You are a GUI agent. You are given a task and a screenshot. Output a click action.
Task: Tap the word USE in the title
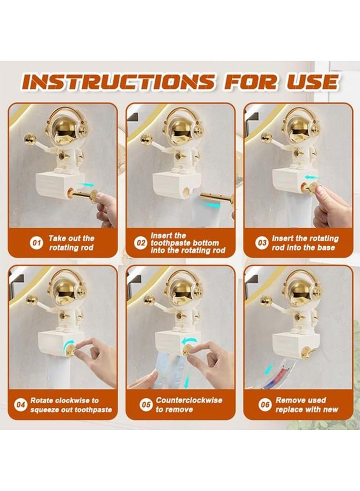pyautogui.click(x=311, y=82)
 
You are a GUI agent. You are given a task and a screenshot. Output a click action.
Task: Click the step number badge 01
pyautogui.click(x=36, y=243)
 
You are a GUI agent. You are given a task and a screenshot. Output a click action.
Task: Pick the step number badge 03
pyautogui.click(x=262, y=243)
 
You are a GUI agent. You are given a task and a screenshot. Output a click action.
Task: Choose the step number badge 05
pyautogui.click(x=146, y=405)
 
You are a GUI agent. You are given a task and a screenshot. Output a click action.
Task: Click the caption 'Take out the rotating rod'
pyautogui.click(x=71, y=243)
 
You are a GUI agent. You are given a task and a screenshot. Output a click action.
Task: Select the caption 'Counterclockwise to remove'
pyautogui.click(x=189, y=405)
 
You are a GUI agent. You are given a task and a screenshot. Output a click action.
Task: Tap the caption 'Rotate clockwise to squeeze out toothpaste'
pyautogui.click(x=71, y=405)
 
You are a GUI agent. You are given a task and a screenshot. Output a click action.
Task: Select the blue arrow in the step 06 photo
pyautogui.click(x=269, y=369)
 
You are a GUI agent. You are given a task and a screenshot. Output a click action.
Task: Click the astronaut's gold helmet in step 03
pyautogui.click(x=299, y=128)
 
